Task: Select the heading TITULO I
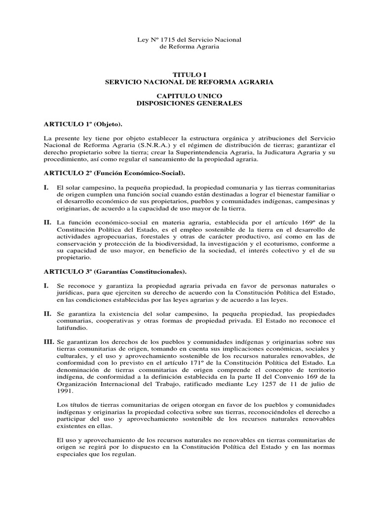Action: tap(189, 74)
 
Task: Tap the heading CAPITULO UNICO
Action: tap(189, 96)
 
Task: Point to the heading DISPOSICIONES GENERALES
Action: tap(189, 104)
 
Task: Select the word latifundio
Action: tap(72, 327)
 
